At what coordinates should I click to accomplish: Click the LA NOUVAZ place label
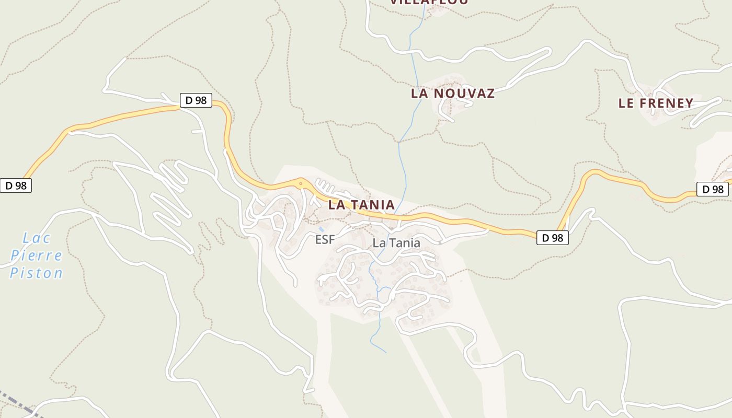pos(452,94)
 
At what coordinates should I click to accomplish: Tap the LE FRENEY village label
pos(656,103)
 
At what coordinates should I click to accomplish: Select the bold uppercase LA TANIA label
pos(361,205)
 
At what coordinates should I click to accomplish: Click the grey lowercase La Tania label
pos(396,243)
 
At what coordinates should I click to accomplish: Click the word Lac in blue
pos(37,238)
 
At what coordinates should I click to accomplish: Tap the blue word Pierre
pos(36,256)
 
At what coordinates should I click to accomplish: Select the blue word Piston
pos(36,273)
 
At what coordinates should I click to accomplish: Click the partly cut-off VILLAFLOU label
pos(429,2)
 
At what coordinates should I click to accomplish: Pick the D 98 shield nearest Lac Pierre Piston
pos(16,185)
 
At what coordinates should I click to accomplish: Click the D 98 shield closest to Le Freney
pos(712,189)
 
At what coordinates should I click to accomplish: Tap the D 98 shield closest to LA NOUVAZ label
pos(196,100)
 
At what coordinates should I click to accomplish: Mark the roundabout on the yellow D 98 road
pos(301,183)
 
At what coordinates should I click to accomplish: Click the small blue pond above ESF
pos(321,229)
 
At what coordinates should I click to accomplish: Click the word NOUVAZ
pos(468,94)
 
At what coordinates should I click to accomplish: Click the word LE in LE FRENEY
pos(626,103)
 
